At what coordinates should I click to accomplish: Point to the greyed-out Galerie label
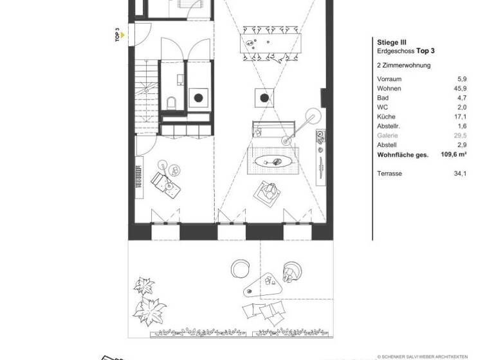pos(388,136)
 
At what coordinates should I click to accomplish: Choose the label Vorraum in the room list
pos(389,78)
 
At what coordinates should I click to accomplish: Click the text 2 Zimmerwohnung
pos(403,65)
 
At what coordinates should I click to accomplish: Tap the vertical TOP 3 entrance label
pos(117,34)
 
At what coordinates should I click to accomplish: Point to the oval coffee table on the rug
pos(274,159)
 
